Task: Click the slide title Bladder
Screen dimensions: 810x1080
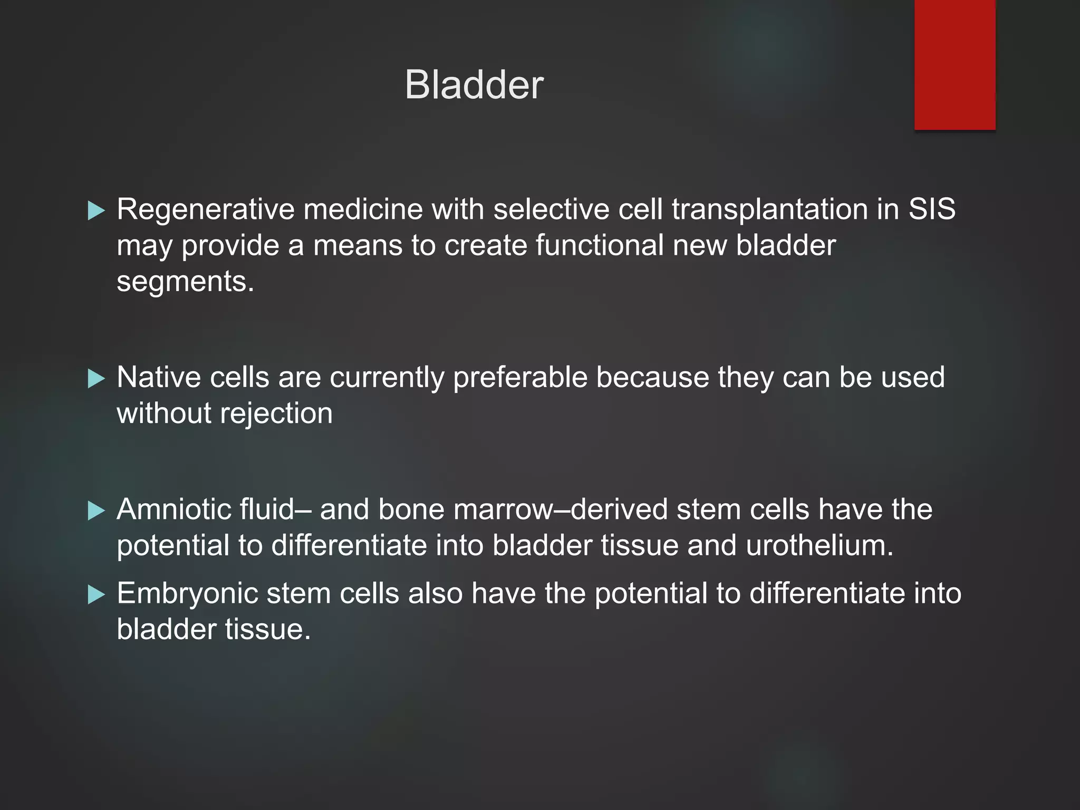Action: (x=474, y=85)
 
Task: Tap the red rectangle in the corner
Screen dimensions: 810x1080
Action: (x=954, y=64)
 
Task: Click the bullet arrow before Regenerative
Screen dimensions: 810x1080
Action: (x=97, y=210)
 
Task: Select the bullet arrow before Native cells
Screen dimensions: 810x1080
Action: (x=97, y=378)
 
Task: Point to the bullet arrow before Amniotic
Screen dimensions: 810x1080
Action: (x=97, y=510)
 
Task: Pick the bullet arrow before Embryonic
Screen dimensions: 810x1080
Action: (x=97, y=594)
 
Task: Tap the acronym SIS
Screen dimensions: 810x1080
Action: (x=931, y=209)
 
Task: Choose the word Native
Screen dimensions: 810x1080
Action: (x=159, y=378)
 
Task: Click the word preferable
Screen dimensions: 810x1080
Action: (x=520, y=378)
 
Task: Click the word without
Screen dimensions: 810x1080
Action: (x=164, y=413)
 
